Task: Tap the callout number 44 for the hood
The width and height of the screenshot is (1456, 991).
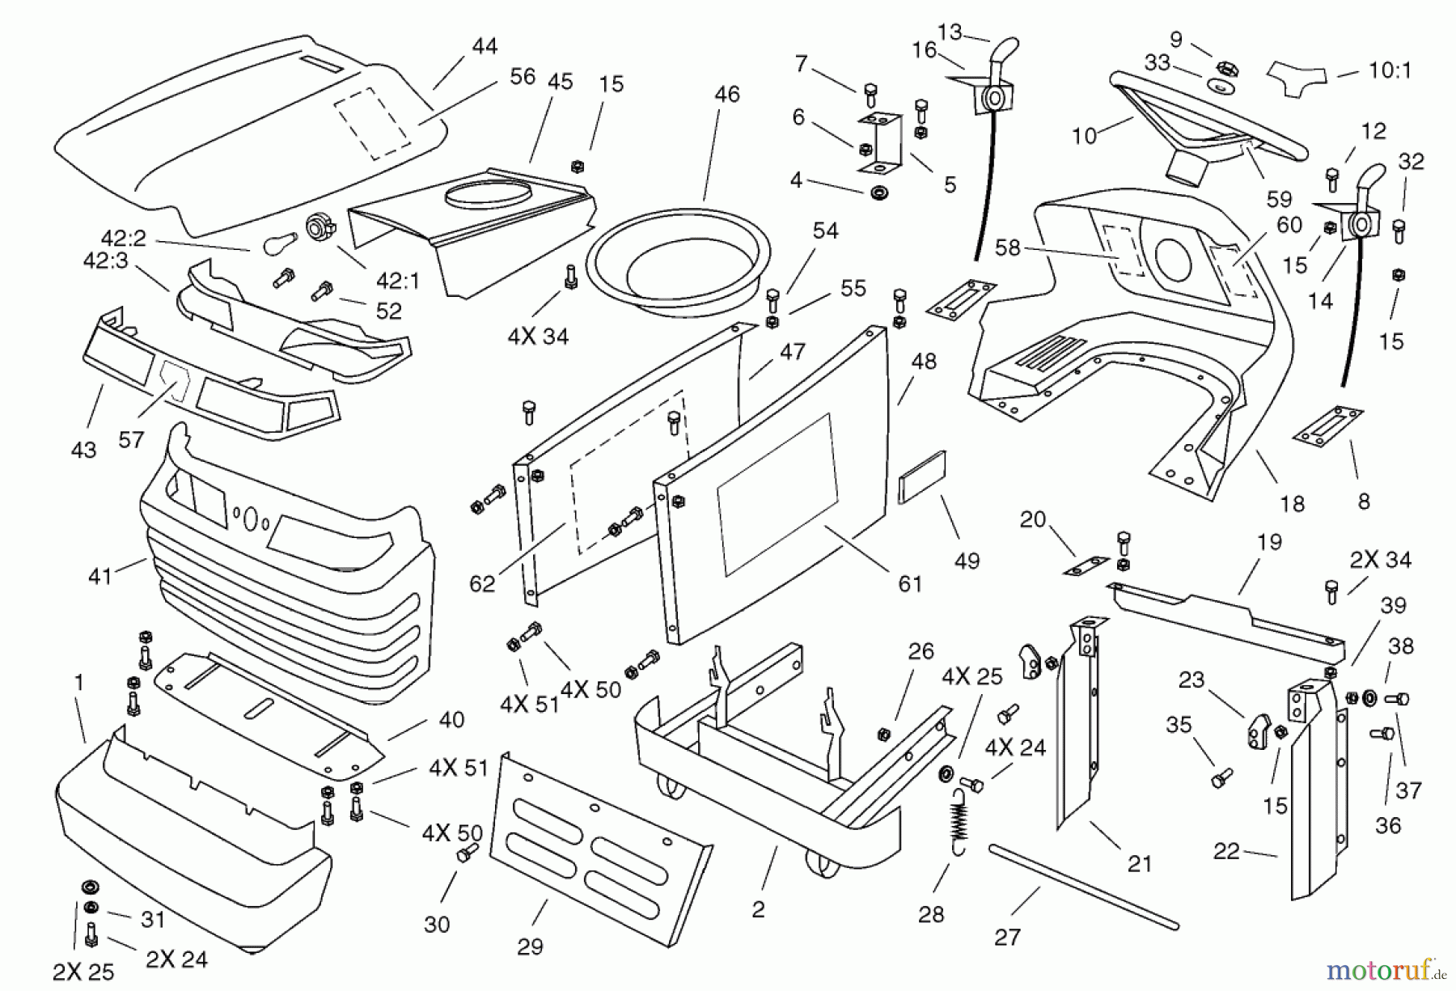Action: coord(485,46)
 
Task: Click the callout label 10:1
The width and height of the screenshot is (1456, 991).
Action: coord(1390,71)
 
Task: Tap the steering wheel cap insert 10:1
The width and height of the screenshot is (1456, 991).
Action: coord(1297,73)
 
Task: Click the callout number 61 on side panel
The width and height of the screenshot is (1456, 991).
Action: coord(910,583)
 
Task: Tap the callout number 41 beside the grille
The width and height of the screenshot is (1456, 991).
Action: coord(99,577)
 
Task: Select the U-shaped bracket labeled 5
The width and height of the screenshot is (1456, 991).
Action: coord(880,144)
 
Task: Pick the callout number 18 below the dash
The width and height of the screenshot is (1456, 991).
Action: coord(1292,504)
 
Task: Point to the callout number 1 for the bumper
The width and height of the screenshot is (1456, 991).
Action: coord(78,683)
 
